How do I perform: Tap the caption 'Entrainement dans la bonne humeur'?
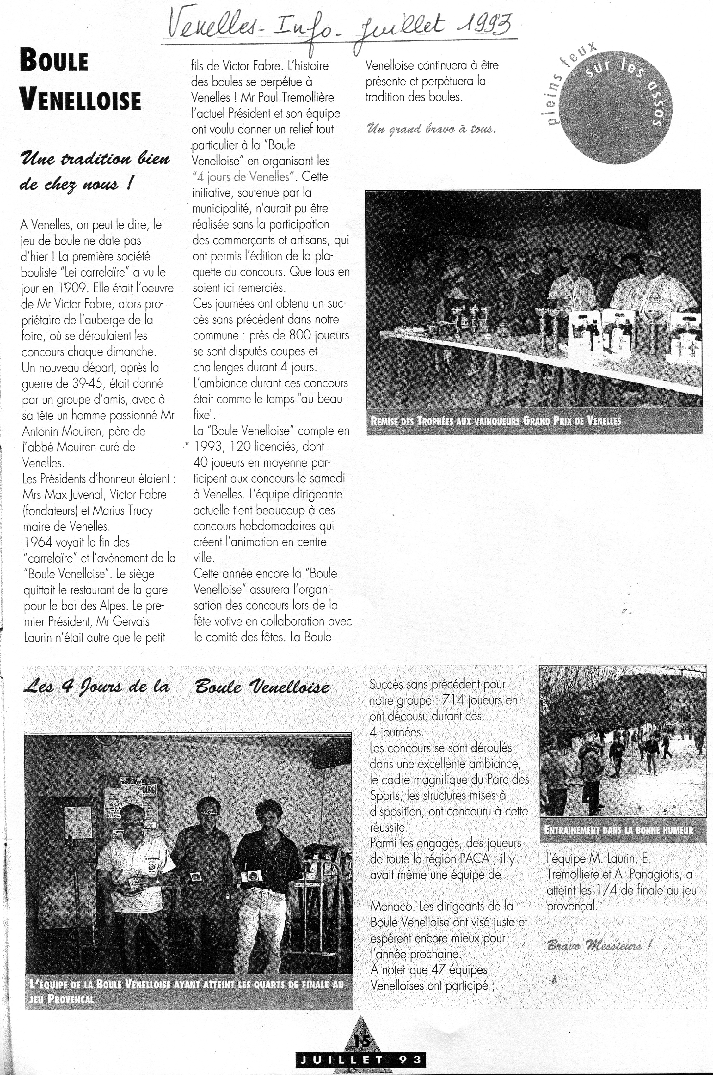tap(618, 830)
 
